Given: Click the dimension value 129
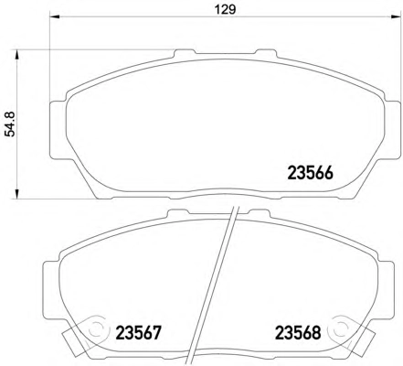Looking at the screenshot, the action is pyautogui.click(x=225, y=9).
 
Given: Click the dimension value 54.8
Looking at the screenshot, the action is pyautogui.click(x=10, y=124).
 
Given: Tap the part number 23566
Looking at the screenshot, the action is pyautogui.click(x=311, y=174).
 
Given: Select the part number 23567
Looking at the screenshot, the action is pyautogui.click(x=138, y=333).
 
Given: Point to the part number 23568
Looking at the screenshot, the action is pyautogui.click(x=298, y=333).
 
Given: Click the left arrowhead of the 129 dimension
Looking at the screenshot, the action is pyautogui.click(x=55, y=16).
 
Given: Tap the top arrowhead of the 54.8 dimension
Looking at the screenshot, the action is pyautogui.click(x=16, y=55).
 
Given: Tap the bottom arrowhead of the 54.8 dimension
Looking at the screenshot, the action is pyautogui.click(x=16, y=194).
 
